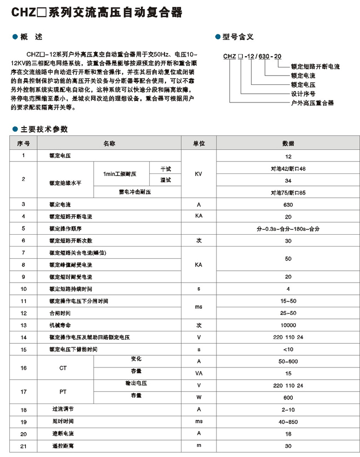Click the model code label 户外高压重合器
[312, 103]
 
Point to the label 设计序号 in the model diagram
[303, 94]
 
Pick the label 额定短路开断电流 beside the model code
[315, 66]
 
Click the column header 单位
[199, 143]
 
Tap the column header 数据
[288, 143]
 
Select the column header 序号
[24, 143]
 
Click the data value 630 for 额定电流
[288, 204]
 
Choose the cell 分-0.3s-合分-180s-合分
[288, 228]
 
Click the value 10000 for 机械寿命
[288, 325]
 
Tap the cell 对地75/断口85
[288, 192]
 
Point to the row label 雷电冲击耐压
[135, 192]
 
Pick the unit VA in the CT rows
[199, 374]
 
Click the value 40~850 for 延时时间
[288, 421]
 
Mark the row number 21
[24, 446]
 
